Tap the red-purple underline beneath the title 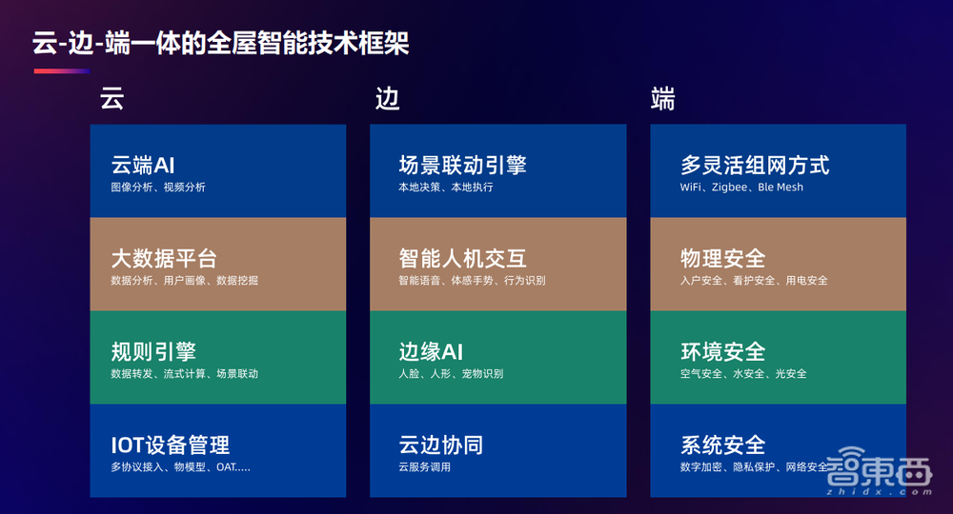point(62,71)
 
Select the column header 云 point(112,100)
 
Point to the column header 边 point(386,100)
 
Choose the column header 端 point(662,100)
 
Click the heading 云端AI point(143,165)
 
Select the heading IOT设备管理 point(171,445)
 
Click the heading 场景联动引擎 point(462,165)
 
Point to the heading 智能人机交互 point(462,258)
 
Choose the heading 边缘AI point(431,351)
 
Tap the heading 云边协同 point(440,445)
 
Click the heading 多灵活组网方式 point(755,165)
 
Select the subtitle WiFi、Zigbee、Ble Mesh point(741,188)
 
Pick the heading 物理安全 point(722,258)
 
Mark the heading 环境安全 point(722,351)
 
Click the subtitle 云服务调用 point(424,467)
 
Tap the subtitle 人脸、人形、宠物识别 point(451,374)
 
